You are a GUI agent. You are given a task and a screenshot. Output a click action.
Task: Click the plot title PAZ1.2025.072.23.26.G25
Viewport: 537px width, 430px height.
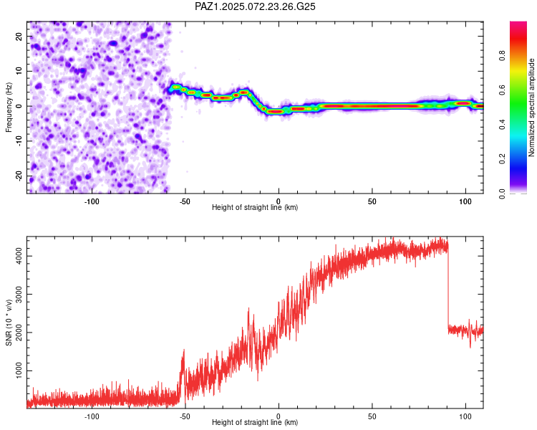255,6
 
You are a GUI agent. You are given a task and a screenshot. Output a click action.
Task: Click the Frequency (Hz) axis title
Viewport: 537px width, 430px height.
9,107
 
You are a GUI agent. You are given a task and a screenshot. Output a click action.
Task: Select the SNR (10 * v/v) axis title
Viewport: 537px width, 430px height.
9,322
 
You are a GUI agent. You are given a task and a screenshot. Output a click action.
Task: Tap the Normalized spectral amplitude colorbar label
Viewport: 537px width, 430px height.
531,107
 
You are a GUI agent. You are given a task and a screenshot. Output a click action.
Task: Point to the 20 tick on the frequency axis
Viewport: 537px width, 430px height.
19,36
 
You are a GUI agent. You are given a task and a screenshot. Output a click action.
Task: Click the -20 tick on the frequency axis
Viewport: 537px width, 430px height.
19,176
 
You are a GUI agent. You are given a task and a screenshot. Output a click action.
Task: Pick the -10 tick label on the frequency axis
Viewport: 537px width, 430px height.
19,140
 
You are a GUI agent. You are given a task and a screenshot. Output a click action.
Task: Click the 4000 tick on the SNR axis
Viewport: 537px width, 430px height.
19,256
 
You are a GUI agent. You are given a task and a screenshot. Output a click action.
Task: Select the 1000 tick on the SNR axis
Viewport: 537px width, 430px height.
19,371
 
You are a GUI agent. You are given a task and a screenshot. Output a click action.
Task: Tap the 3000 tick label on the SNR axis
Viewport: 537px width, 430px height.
19,295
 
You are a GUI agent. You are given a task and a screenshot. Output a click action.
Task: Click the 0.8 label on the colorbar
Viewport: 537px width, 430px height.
503,55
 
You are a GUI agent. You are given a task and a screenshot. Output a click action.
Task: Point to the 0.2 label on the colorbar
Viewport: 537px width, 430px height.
503,159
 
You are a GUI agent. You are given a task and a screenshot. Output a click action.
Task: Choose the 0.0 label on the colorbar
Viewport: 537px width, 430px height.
503,193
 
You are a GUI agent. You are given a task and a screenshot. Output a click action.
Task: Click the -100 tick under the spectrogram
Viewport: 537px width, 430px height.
92,201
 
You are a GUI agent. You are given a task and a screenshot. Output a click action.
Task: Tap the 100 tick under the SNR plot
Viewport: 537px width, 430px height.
465,416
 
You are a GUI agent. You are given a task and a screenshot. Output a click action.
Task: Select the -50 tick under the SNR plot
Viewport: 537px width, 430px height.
185,416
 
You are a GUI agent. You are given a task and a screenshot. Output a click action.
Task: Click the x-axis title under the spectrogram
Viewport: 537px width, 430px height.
255,207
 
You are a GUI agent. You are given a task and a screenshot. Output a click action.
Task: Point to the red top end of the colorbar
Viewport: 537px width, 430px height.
518,24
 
